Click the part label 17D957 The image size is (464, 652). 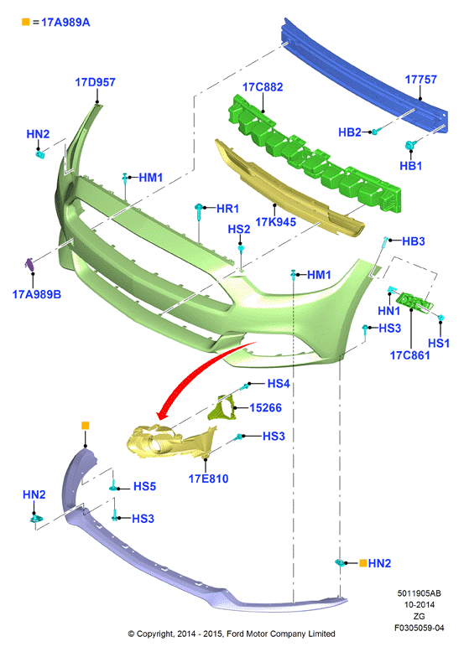coord(95,82)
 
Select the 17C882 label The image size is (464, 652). coord(263,87)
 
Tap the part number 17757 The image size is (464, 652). coord(421,80)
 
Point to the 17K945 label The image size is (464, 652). coord(275,222)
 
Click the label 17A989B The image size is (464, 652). coord(37,294)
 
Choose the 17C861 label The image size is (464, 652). coord(410,355)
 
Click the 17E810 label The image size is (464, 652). coord(208,479)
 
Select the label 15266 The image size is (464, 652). coord(265,408)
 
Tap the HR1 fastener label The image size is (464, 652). coord(227,209)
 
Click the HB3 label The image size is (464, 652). coord(413,241)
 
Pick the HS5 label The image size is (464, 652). coord(144,487)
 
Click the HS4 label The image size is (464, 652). coord(279,383)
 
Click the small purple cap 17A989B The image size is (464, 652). coord(30,264)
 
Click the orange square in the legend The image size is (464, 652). coord(26,22)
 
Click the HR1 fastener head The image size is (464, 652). coord(200,207)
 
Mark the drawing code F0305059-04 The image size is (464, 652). coord(419,628)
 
